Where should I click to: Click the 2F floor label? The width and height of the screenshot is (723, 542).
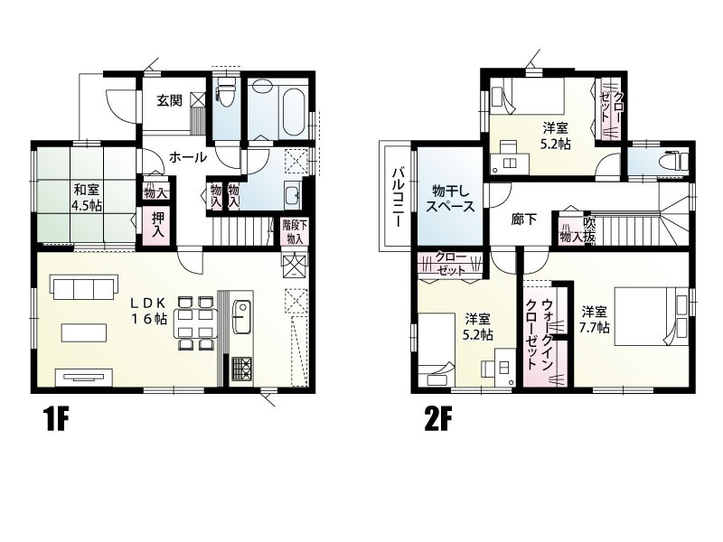coord(438,419)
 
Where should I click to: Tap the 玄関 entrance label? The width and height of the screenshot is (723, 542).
coord(170,100)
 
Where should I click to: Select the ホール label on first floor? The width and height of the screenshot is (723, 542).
coord(188,157)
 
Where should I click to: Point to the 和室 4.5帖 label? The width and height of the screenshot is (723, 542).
coord(87,197)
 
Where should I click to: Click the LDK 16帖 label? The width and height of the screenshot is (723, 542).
coord(148,311)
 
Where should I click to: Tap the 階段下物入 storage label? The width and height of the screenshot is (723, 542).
coord(295,232)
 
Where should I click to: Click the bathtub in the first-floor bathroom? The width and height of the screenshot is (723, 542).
coord(292,110)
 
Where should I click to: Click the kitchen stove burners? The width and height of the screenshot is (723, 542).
coord(241,369)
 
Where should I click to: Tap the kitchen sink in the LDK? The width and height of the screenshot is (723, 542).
coord(241,316)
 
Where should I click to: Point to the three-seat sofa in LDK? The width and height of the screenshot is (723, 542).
coord(85,287)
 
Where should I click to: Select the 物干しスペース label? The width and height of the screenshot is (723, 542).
coord(449,198)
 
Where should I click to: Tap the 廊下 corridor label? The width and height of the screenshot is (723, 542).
coord(524,220)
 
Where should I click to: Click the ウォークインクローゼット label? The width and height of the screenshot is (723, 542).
coord(540,333)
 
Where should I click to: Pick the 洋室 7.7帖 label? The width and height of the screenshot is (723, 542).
coord(596,320)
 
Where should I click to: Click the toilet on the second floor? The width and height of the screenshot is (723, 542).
coord(671,162)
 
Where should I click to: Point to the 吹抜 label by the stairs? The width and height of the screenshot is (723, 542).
coord(589,229)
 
